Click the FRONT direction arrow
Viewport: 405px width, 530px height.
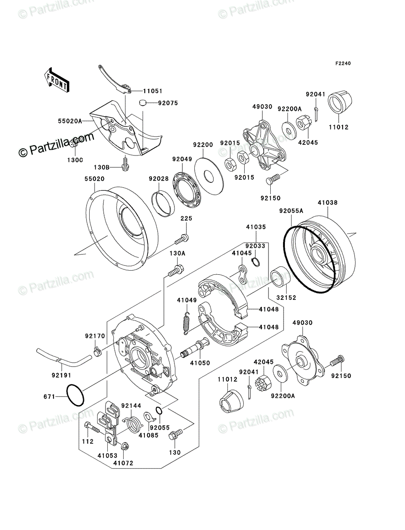point(57,80)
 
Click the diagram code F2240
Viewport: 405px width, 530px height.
point(343,64)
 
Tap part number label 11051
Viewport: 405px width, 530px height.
point(152,91)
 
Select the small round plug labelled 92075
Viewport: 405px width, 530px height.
point(143,103)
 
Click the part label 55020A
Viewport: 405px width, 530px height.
point(70,121)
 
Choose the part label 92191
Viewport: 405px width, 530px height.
point(61,375)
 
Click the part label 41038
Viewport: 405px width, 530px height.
point(328,203)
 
